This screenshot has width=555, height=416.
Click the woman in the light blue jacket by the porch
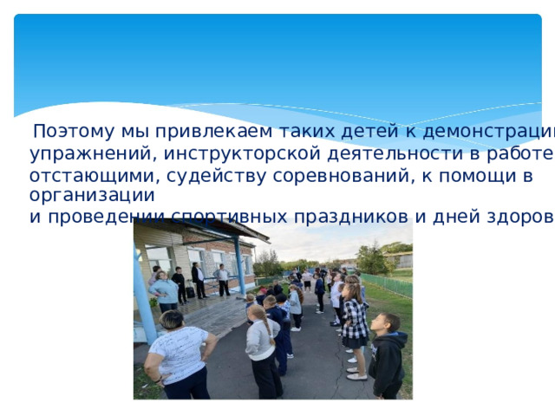tap(164, 292)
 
